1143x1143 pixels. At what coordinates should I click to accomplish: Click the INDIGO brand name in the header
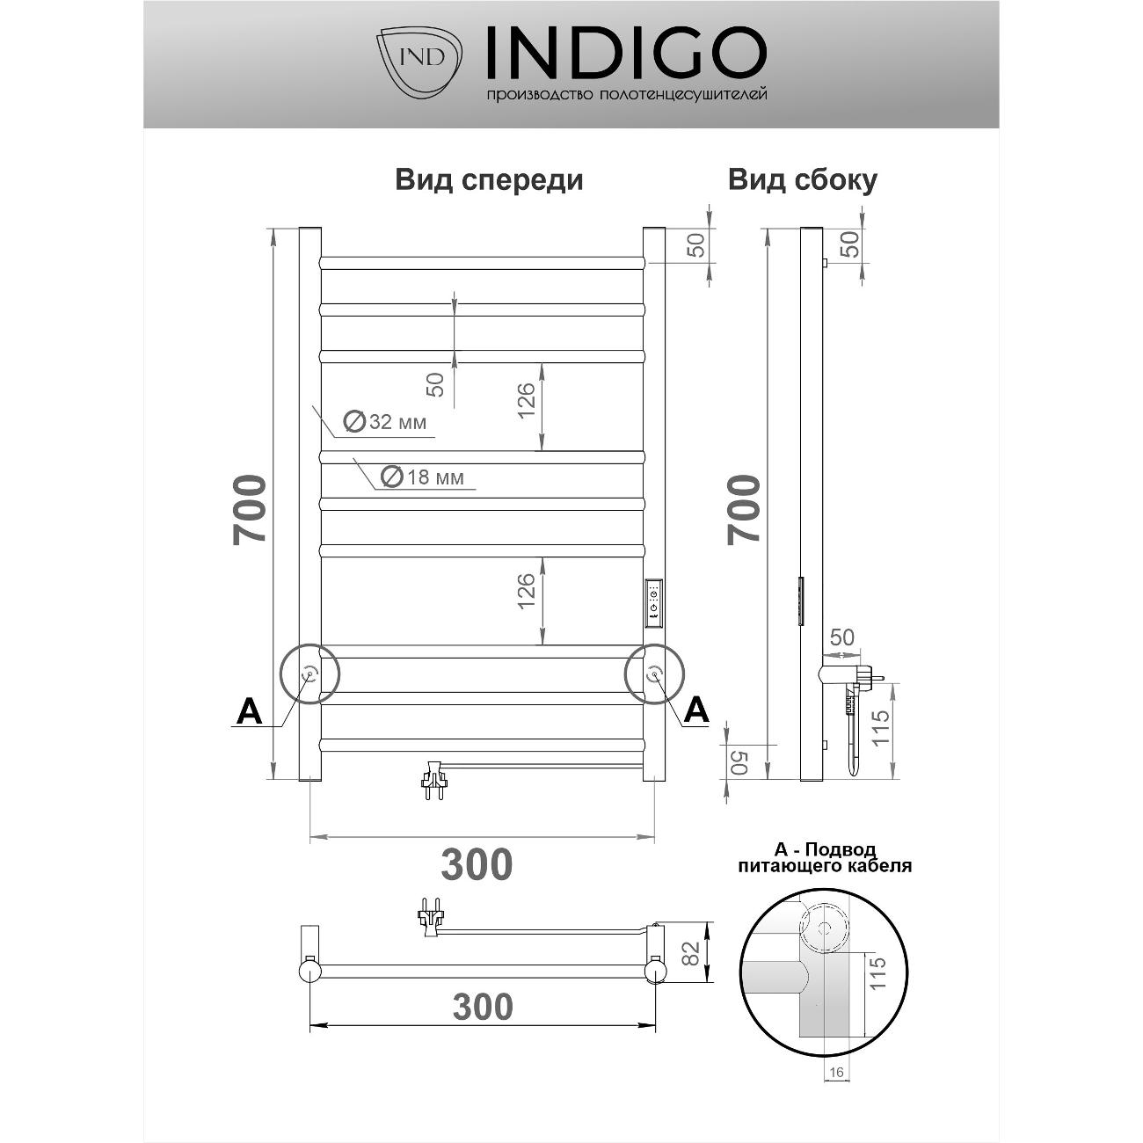[626, 53]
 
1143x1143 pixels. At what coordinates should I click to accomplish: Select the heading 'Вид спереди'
[490, 179]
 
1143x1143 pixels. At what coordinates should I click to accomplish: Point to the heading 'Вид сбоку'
[802, 179]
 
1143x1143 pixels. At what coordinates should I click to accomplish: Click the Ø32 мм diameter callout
[385, 422]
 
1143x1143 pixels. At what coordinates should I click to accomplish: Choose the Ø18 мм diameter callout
[422, 477]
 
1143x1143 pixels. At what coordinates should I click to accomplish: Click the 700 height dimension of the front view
[250, 509]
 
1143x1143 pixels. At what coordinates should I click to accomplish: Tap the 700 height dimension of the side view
[744, 509]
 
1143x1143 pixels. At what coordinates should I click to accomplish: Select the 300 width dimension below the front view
[477, 864]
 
